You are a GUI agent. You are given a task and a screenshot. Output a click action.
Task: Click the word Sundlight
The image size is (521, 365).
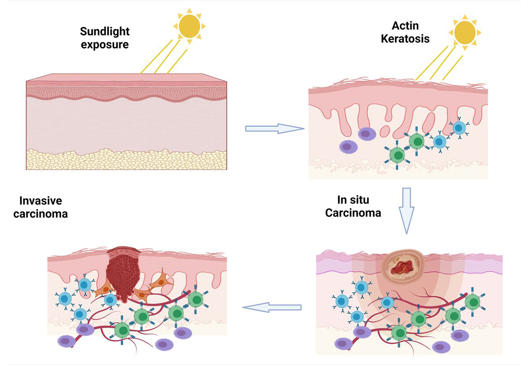pyautogui.click(x=105, y=31)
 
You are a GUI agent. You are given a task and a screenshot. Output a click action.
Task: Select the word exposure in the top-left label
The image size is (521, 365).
pyautogui.click(x=105, y=44)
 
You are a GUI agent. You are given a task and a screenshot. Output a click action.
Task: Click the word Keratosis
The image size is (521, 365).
pyautogui.click(x=405, y=38)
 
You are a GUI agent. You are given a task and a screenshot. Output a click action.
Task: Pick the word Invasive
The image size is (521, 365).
pyautogui.click(x=41, y=201)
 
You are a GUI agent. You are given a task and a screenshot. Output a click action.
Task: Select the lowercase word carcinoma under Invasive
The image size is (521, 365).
pyautogui.click(x=44, y=213)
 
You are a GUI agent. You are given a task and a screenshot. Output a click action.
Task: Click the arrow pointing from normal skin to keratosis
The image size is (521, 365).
pyautogui.click(x=274, y=128)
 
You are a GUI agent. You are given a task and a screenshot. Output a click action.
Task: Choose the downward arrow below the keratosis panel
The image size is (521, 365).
pyautogui.click(x=407, y=210)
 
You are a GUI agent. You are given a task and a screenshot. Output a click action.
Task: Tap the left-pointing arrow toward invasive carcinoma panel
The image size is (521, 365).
pyautogui.click(x=272, y=308)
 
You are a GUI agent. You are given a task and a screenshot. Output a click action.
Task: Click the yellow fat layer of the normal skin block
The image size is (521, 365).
pyautogui.click(x=126, y=159)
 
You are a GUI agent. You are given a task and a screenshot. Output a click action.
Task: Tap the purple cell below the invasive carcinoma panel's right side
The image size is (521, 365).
pyautogui.click(x=181, y=333)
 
